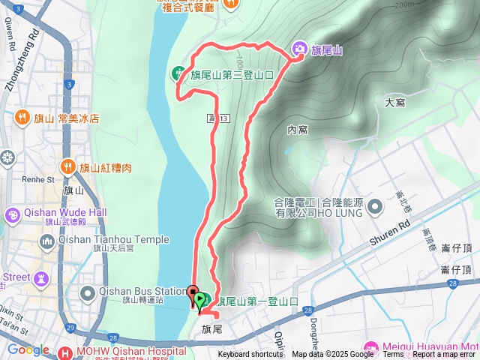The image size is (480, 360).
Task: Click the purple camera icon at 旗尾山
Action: (x=299, y=49)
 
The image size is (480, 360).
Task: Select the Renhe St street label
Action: (x=39, y=180)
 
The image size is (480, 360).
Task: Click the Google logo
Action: (x=28, y=349)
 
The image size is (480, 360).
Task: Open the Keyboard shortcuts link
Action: (x=250, y=355)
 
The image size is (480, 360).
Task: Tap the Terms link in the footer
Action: (x=393, y=355)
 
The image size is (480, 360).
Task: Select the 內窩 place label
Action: (x=298, y=130)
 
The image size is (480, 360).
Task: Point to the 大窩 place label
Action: (x=394, y=102)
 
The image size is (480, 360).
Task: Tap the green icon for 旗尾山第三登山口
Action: (x=178, y=73)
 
